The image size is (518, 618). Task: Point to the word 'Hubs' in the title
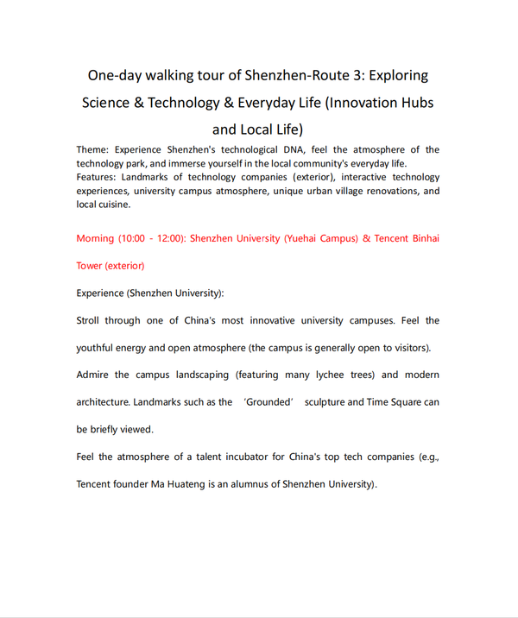click(x=414, y=103)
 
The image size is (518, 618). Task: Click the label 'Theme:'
click(x=92, y=150)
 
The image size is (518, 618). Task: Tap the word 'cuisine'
click(x=113, y=205)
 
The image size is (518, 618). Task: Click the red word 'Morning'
click(x=95, y=238)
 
